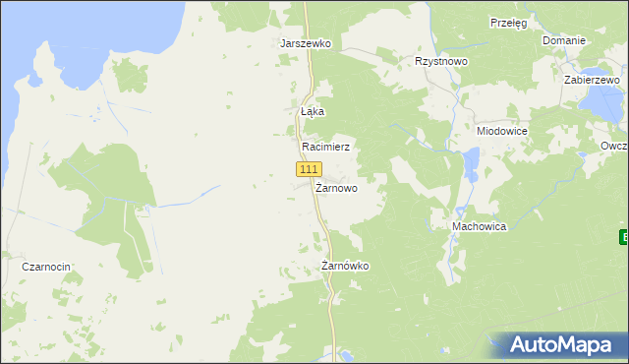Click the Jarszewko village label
(x=306, y=44)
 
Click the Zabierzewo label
(x=592, y=81)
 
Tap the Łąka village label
(x=312, y=112)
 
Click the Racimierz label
(x=325, y=146)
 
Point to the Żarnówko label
(x=345, y=266)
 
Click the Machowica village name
(x=479, y=226)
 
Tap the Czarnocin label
(x=49, y=267)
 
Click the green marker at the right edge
(x=624, y=237)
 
